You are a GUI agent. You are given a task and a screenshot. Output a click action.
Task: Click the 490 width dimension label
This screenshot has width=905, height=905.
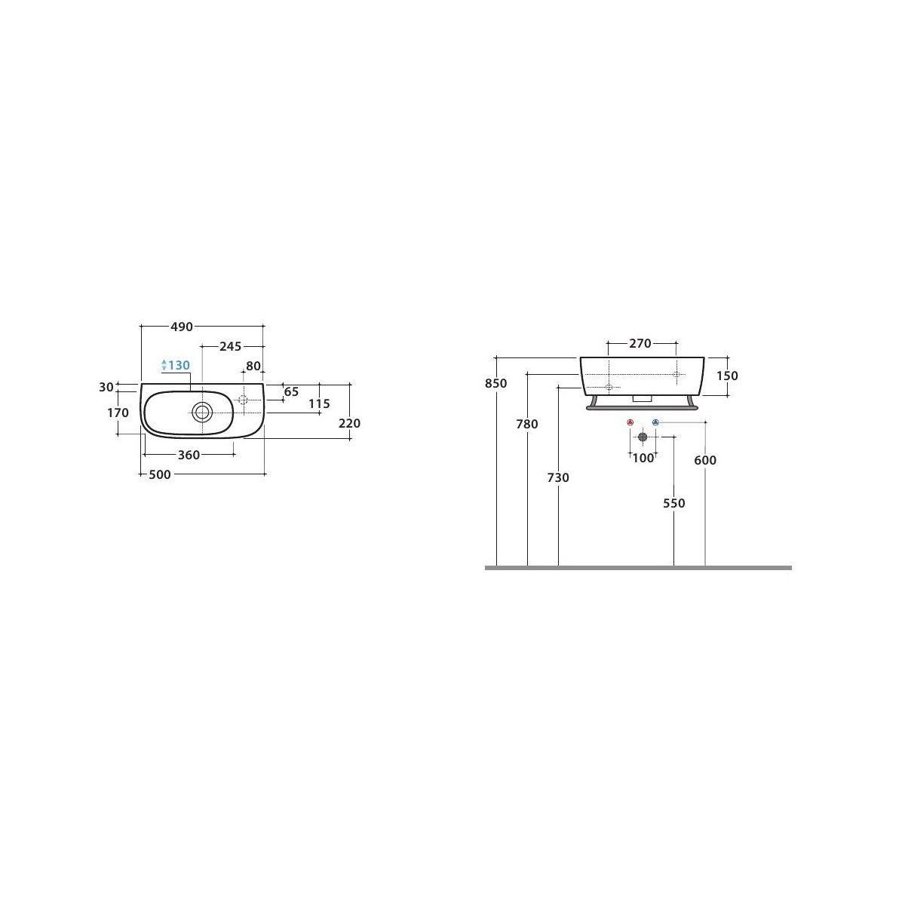(x=181, y=327)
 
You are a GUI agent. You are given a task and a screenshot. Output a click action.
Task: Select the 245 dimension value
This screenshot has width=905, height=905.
(x=230, y=347)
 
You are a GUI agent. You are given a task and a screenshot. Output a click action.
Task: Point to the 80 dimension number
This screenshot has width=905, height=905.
(x=253, y=366)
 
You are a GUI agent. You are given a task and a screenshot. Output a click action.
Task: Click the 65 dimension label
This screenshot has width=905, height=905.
(x=291, y=391)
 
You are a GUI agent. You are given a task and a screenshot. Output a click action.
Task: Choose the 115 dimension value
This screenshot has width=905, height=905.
(x=319, y=403)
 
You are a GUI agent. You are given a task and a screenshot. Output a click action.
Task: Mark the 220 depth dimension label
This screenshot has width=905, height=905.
(x=349, y=423)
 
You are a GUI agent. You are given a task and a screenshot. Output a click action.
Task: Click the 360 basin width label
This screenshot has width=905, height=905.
(x=189, y=455)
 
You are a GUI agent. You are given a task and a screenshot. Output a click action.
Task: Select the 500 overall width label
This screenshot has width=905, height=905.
(x=160, y=475)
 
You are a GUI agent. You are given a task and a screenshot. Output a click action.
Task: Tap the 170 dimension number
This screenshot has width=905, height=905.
(x=118, y=413)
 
